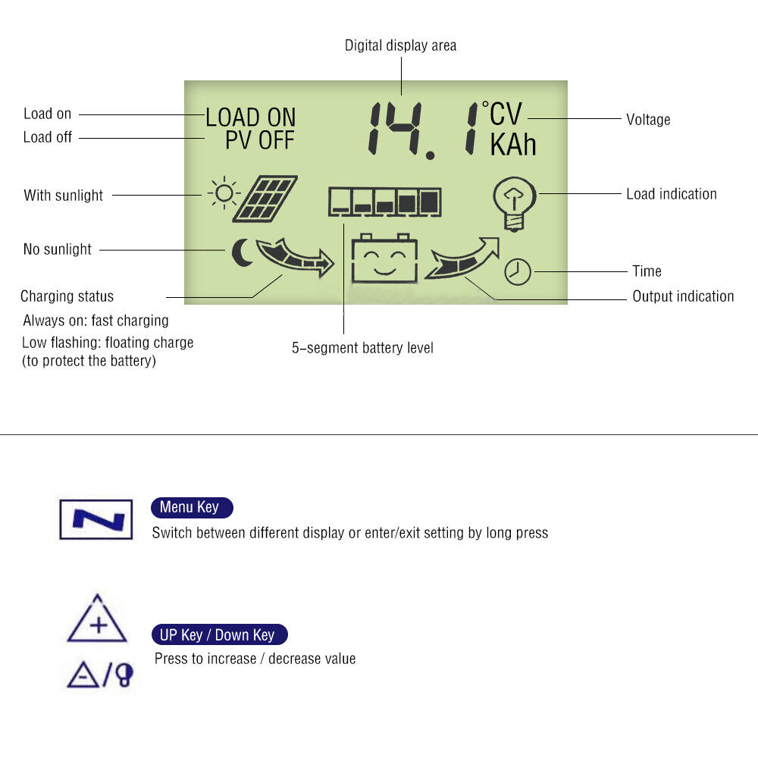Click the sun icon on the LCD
point(224,193)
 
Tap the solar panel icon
point(265,199)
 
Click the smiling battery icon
point(384,258)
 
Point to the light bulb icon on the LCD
point(515,204)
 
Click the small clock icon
point(518,271)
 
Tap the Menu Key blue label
point(192,507)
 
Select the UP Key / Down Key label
point(220,634)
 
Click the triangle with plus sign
point(97,619)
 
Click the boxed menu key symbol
point(96,520)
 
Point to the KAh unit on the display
point(513,145)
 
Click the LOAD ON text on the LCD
point(250,117)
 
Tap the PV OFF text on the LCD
point(259,140)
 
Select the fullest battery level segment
point(430,202)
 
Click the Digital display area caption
point(400,45)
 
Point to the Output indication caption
point(683,296)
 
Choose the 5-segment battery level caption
point(362,348)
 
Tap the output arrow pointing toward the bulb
point(462,258)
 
